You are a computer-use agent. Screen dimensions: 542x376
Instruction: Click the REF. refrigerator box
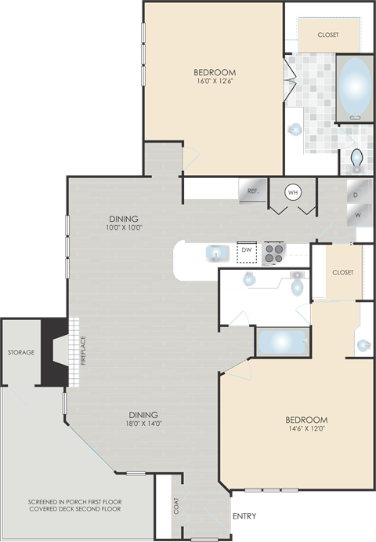[253, 191]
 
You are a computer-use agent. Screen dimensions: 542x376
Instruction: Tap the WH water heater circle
[292, 191]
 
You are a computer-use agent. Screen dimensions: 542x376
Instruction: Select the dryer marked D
[355, 193]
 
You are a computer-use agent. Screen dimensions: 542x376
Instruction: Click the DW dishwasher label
[246, 251]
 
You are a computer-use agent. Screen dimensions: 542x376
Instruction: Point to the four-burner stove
[273, 252]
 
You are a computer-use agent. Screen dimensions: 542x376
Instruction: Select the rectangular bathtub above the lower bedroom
[280, 342]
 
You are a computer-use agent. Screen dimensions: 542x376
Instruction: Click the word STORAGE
[21, 352]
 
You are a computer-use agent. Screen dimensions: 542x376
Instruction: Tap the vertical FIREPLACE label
[82, 351]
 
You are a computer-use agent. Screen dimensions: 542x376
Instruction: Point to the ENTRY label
[244, 516]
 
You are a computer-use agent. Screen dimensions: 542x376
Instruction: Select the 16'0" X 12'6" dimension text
[215, 80]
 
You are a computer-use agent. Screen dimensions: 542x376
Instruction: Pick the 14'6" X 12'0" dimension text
[306, 429]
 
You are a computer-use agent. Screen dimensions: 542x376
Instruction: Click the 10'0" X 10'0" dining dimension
[124, 228]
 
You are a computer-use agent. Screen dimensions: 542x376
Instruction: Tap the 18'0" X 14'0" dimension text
[143, 424]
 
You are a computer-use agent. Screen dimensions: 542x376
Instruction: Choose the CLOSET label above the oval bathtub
[328, 35]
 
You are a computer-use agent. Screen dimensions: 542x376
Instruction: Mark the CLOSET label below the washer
[342, 272]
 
